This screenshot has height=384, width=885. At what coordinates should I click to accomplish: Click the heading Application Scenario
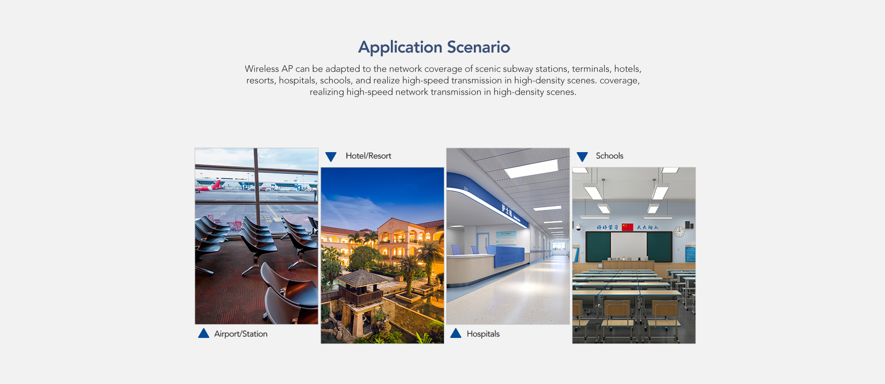[x=434, y=47]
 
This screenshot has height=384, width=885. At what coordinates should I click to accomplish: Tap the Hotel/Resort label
[x=368, y=156]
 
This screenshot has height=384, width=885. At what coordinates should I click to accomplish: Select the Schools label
[x=609, y=156]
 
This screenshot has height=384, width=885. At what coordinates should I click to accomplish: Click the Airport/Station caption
[x=241, y=334]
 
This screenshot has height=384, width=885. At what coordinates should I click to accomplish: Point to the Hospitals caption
[x=483, y=334]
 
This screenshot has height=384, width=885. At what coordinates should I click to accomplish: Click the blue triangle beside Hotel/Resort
[x=331, y=157]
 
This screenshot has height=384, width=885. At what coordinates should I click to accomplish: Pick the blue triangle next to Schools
[x=582, y=157]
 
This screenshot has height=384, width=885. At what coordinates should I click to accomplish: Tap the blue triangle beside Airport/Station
[x=204, y=333]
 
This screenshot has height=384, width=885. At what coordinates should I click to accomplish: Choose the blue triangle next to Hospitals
[x=456, y=333]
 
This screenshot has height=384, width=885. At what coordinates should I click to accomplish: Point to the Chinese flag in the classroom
[x=627, y=227]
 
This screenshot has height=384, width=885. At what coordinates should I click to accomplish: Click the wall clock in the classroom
[x=679, y=231]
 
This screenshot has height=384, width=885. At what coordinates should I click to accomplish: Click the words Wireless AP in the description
[x=269, y=69]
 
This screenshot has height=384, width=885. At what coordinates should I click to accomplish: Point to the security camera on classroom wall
[x=577, y=227]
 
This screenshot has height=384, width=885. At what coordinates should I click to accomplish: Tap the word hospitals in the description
[x=297, y=81]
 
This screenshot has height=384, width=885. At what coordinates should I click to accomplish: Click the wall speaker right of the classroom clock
[x=689, y=225]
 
